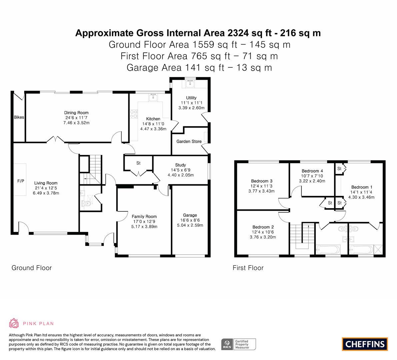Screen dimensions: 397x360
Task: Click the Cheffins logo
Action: [365, 344]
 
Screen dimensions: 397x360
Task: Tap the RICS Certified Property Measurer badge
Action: [239, 344]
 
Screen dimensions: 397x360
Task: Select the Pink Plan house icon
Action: [14, 323]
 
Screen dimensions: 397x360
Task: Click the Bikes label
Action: [19, 117]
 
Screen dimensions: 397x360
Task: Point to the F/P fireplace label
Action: [21, 181]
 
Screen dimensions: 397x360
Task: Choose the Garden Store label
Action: [189, 142]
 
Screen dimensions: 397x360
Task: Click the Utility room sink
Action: [190, 83]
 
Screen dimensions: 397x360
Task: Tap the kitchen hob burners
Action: [134, 114]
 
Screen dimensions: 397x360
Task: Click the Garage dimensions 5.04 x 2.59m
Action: [190, 225]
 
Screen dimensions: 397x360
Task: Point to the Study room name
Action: [181, 165]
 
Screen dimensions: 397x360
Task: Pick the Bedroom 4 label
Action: [312, 171]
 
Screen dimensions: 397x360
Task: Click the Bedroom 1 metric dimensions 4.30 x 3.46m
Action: [361, 197]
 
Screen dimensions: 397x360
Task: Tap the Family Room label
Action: [144, 216]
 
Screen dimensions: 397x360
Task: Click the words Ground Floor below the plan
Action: [32, 268]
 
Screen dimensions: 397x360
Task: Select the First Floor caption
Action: [248, 268]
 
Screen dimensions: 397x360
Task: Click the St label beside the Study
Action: [138, 163]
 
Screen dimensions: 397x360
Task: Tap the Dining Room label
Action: [76, 113]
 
